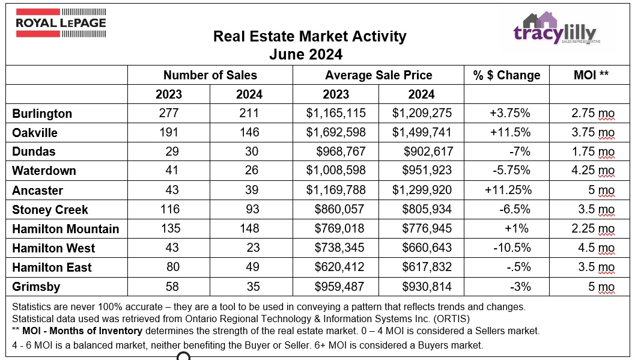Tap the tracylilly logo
click(557, 31)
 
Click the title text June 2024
click(306, 55)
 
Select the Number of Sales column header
click(210, 75)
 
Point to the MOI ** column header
click(591, 75)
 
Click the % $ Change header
click(506, 75)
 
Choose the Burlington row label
click(42, 114)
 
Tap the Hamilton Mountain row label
click(65, 229)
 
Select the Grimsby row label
click(36, 287)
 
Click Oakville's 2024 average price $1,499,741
click(422, 133)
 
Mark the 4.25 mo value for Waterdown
click(592, 171)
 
